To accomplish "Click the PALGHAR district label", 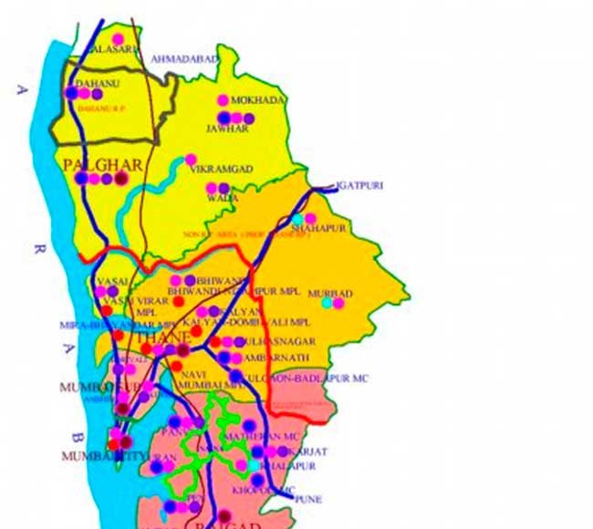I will click(103, 165).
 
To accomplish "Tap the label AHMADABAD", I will click(187, 58).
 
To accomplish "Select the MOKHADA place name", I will click(260, 100).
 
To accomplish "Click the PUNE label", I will click(309, 500).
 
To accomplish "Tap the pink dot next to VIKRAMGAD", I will click(191, 160).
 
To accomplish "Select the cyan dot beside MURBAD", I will click(327, 302).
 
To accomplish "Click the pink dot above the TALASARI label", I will click(118, 39).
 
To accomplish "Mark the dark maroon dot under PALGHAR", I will click(120, 179).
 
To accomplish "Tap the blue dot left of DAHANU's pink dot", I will click(71, 93).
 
